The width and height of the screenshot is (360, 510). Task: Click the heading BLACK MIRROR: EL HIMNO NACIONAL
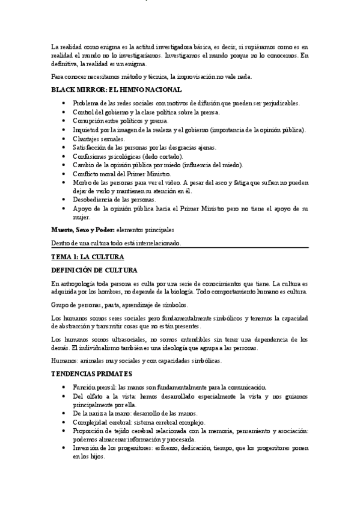[116, 89]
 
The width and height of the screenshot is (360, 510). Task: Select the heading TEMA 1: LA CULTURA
[88, 257]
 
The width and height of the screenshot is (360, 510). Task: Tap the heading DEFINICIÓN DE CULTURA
[94, 270]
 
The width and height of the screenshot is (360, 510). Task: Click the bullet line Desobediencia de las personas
[115, 200]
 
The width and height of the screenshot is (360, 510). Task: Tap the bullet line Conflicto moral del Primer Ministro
[121, 174]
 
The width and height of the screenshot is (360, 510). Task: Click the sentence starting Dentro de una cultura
[115, 243]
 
